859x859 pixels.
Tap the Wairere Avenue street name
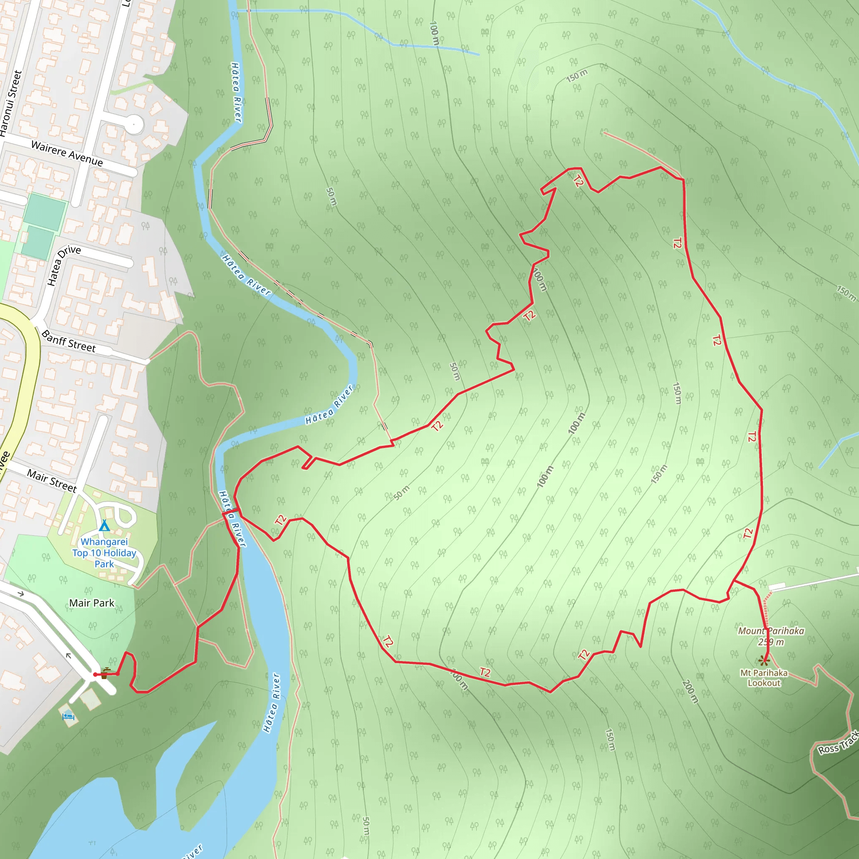(x=67, y=154)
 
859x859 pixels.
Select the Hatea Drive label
(x=64, y=265)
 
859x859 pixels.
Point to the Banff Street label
(x=68, y=341)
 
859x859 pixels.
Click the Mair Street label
(x=52, y=481)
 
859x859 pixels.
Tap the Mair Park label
(x=91, y=603)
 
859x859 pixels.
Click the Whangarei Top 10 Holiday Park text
(x=104, y=553)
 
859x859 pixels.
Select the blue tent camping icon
(x=104, y=526)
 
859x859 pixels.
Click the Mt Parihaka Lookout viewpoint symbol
(x=764, y=661)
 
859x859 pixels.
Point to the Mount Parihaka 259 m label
(x=771, y=636)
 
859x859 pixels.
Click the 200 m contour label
(x=690, y=691)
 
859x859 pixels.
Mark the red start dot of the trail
(x=95, y=674)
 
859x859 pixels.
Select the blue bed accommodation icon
(x=68, y=716)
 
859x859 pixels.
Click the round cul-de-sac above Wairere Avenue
(x=134, y=124)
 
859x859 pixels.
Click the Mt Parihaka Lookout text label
(x=764, y=678)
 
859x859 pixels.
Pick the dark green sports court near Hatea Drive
(x=37, y=242)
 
